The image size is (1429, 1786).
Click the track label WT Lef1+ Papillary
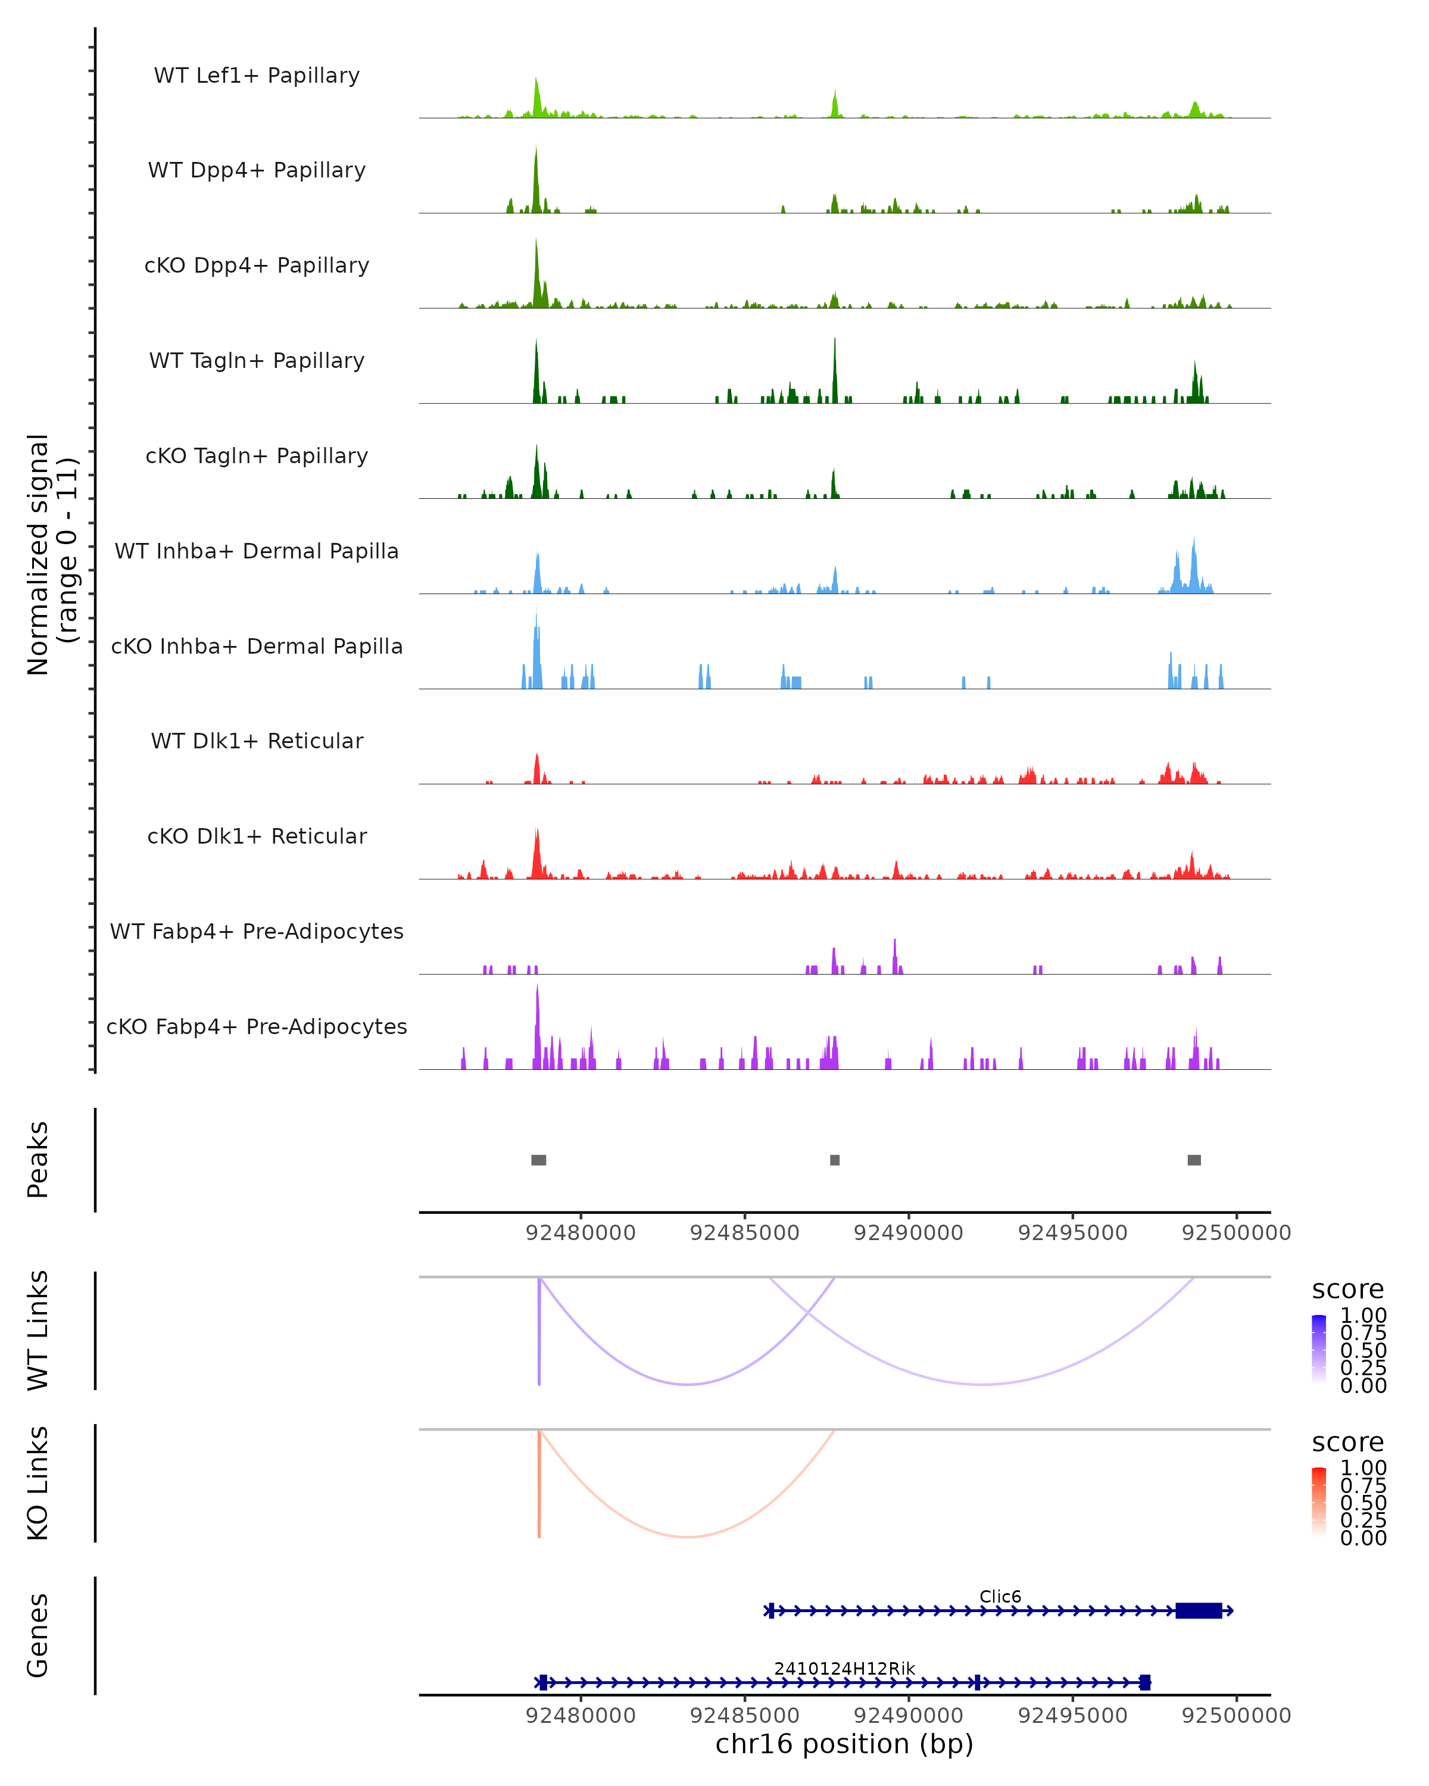(x=257, y=76)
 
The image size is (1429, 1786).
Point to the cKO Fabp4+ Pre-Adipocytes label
(x=257, y=1026)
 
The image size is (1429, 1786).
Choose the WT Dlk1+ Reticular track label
(x=257, y=741)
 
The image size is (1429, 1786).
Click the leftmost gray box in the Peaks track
(x=538, y=1160)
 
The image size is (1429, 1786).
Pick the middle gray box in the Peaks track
(x=835, y=1160)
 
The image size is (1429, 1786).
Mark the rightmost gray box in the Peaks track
(x=1194, y=1160)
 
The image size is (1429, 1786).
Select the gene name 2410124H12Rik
(x=844, y=1668)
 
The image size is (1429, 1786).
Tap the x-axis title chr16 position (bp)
(x=844, y=1744)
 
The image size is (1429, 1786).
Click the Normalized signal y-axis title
(x=52, y=554)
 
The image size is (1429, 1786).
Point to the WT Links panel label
(x=38, y=1331)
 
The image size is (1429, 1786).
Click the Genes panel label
(x=38, y=1635)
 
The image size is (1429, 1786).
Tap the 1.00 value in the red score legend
(x=1364, y=1468)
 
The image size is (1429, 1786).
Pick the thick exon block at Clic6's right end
(x=1199, y=1610)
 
